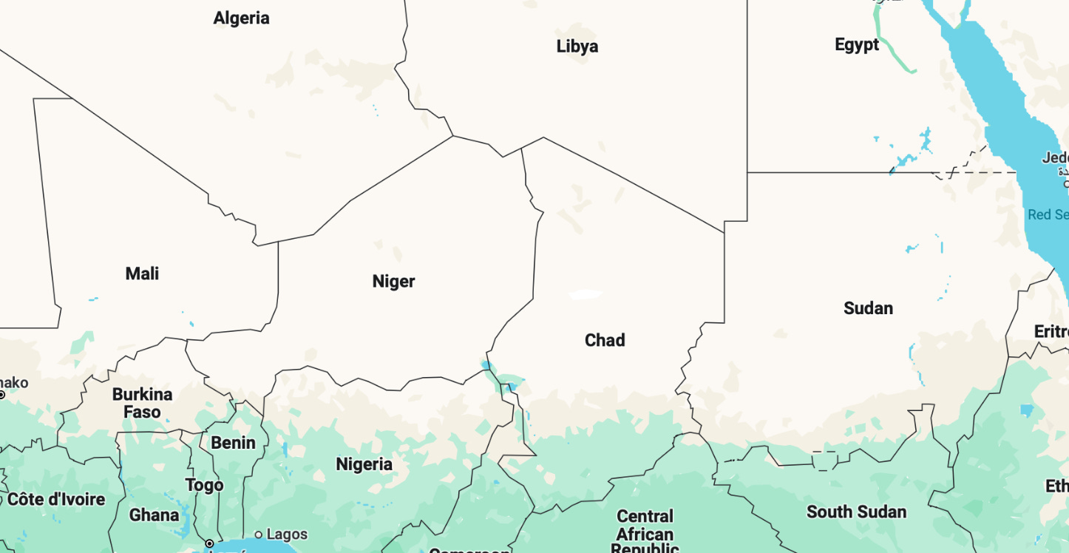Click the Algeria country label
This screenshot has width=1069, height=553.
[x=241, y=18]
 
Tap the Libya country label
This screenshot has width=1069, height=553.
[x=577, y=47]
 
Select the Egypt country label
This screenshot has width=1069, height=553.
[x=857, y=44]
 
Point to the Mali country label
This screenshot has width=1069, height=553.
[x=142, y=274]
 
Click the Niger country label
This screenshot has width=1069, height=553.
[x=393, y=281]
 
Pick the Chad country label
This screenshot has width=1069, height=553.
[x=605, y=340]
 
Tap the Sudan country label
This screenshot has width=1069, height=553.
[x=868, y=308]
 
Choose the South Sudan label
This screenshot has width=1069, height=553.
[x=856, y=512]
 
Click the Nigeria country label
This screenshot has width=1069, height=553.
[x=364, y=464]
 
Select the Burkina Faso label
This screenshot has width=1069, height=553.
[x=142, y=403]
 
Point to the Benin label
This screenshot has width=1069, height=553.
[x=233, y=443]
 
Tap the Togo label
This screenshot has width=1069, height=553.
[x=204, y=485]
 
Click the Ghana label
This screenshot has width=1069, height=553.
[x=154, y=515]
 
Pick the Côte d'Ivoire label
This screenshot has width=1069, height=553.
[x=56, y=500]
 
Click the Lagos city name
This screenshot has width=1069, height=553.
[x=287, y=535]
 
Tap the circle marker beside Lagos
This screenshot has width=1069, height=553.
[x=258, y=535]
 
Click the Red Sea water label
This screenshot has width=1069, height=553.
[x=1048, y=215]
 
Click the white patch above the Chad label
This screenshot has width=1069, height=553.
[x=586, y=294]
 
